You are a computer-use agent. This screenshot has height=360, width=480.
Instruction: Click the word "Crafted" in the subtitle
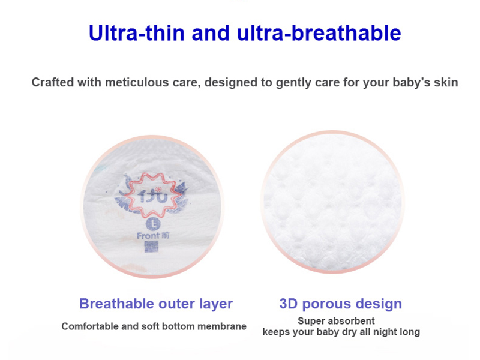[53, 82]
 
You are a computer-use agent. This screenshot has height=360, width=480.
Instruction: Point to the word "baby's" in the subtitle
[407, 82]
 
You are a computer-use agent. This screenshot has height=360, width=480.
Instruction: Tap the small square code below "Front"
[153, 247]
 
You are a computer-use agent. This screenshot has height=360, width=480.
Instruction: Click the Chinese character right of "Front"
[166, 235]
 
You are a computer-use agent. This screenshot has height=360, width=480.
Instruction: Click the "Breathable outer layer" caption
[156, 304]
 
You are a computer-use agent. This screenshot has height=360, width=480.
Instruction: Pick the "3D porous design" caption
[341, 304]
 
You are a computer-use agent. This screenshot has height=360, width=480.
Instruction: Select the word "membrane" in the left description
[224, 326]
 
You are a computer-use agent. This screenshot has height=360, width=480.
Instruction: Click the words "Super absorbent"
[337, 321]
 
